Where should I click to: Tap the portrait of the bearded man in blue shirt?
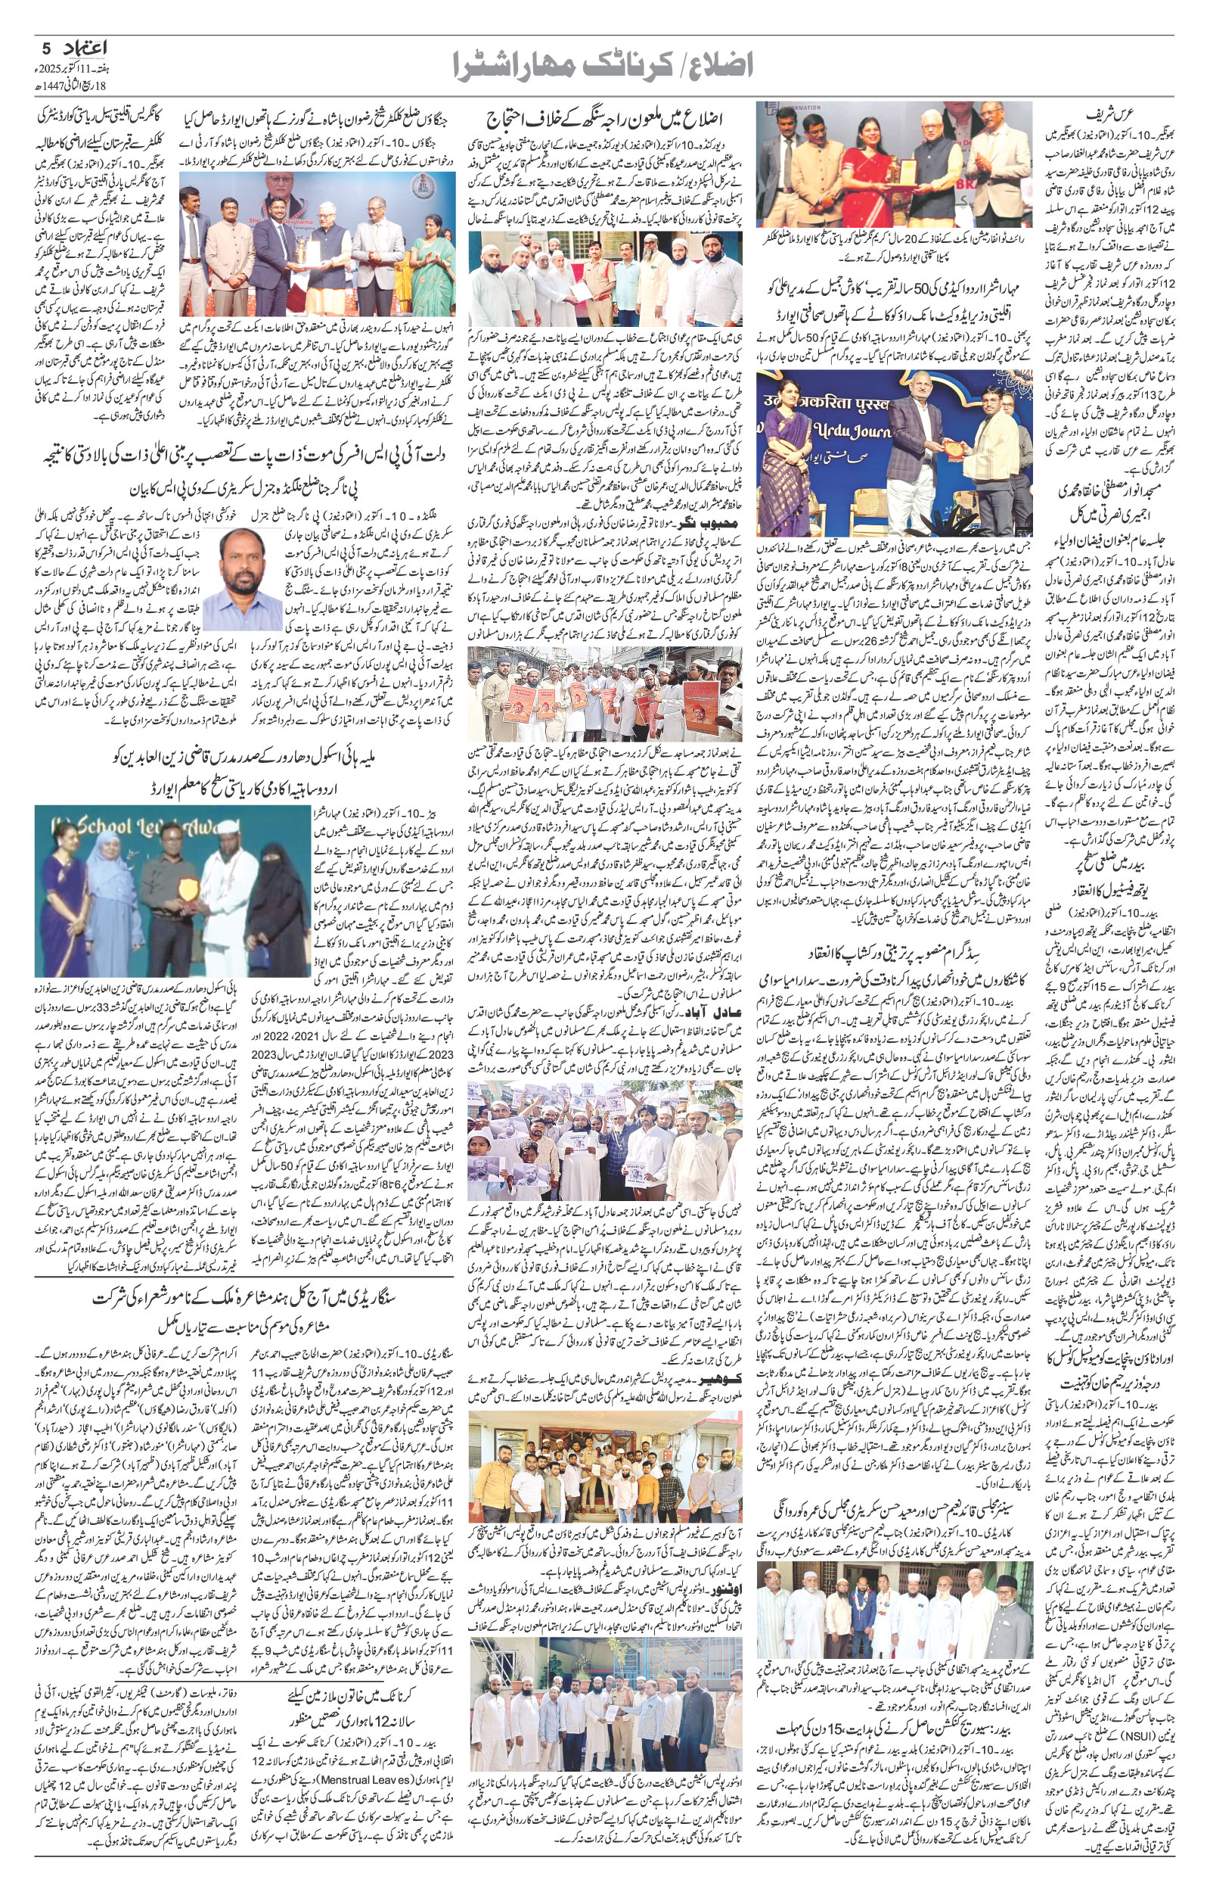click(x=243, y=579)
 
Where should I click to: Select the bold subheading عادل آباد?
click(x=709, y=1010)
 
